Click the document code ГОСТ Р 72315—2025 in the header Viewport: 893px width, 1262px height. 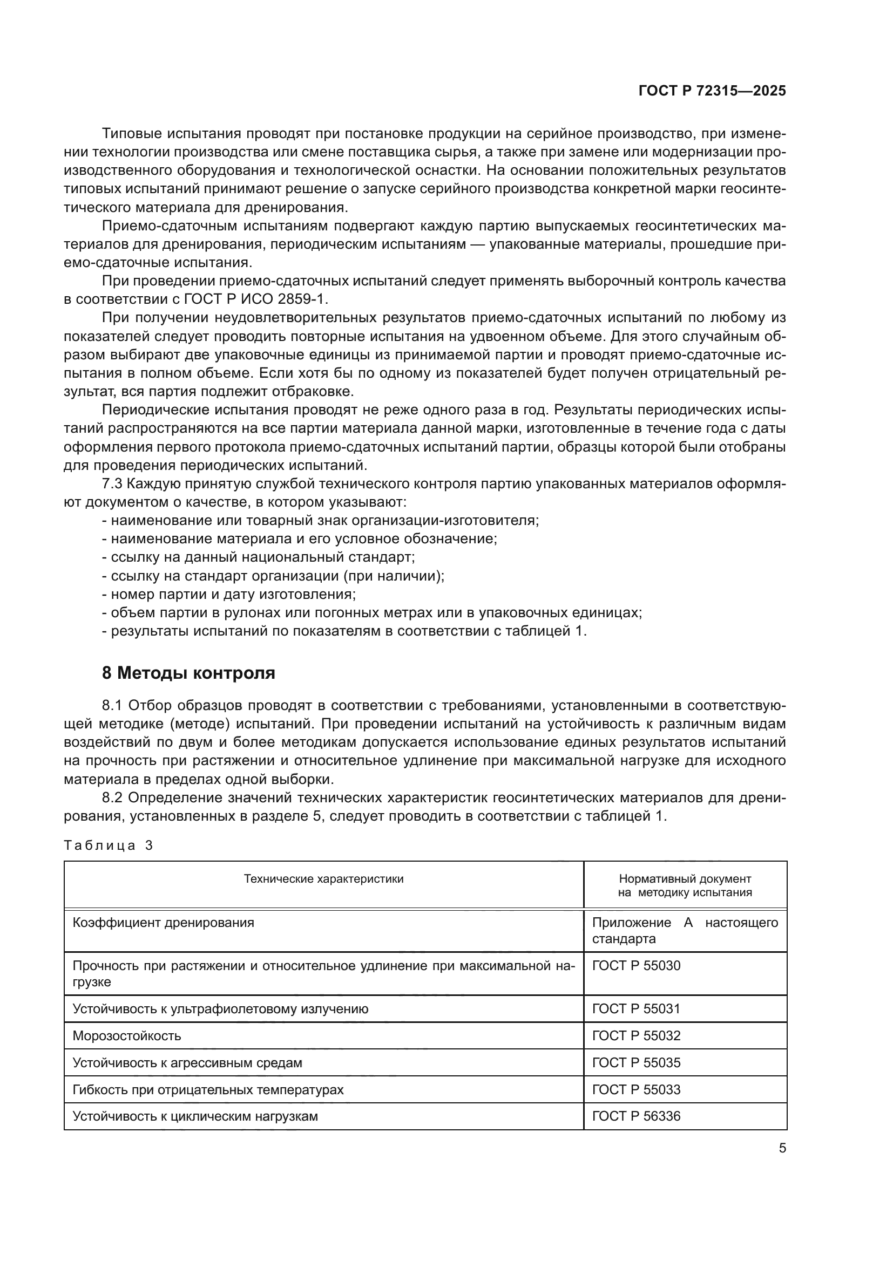[x=712, y=91]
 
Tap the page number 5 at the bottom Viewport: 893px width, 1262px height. [x=782, y=1148]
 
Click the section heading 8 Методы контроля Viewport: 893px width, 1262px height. [x=188, y=673]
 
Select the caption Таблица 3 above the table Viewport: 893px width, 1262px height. [x=109, y=845]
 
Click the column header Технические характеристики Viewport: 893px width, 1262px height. [x=323, y=879]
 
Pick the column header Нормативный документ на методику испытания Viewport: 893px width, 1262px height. [x=685, y=885]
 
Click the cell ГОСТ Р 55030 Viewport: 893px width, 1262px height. [x=636, y=966]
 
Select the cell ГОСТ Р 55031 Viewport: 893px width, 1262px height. [x=636, y=1008]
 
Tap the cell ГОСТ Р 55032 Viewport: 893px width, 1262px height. [x=636, y=1035]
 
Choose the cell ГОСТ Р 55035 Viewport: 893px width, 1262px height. [x=636, y=1062]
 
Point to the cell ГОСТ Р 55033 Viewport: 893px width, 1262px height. [x=636, y=1089]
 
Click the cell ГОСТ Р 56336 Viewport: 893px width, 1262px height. [x=636, y=1116]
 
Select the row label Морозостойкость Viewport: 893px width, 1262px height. [x=127, y=1036]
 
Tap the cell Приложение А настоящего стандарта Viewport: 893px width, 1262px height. [x=685, y=931]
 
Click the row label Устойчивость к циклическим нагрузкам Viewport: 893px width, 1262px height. [x=195, y=1116]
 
